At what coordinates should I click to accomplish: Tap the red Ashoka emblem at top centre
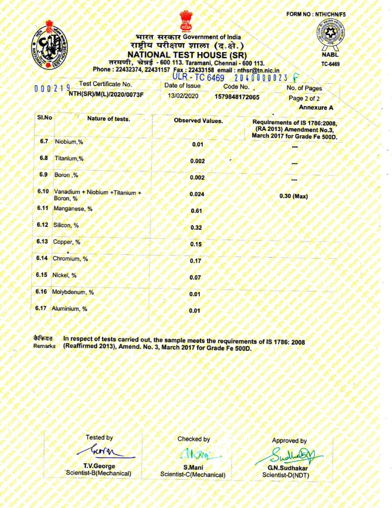pos(185,21)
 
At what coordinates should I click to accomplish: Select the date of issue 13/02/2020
pos(183,96)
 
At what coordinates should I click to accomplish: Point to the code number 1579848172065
pos(237,97)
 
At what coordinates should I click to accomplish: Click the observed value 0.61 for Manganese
pos(196,211)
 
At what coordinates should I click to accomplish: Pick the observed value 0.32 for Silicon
pos(196,228)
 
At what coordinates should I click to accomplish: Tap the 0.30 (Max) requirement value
pos(293,196)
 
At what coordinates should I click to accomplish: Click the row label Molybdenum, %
pos(73,292)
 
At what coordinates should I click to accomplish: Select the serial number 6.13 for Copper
pos(42,241)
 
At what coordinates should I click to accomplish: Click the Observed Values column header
pos(198,121)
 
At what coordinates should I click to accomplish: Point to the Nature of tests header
pos(109,119)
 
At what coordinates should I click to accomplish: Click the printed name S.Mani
pos(193,468)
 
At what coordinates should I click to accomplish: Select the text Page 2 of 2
pos(304,99)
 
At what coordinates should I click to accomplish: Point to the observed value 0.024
pos(197,194)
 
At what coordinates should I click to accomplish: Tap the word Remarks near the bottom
pos(44,346)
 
